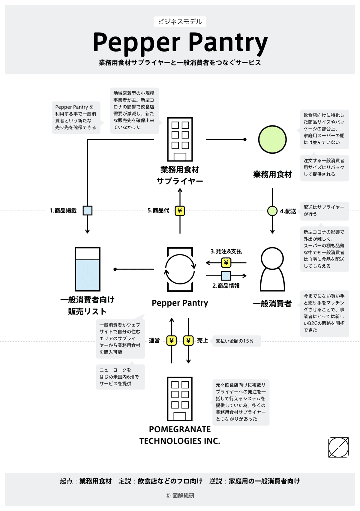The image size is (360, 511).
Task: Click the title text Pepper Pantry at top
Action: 180,42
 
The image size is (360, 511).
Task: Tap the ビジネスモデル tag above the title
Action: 180,22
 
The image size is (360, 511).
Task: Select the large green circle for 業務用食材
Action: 272,140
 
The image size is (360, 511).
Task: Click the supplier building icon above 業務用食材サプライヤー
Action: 180,139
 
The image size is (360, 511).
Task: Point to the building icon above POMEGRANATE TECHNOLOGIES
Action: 180,399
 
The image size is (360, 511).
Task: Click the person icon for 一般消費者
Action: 272,269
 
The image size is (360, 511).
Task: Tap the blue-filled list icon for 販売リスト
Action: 87,269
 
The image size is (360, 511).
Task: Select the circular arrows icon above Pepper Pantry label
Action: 180,269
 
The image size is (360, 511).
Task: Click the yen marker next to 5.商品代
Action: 180,211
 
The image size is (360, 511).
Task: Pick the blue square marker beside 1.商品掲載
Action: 87,211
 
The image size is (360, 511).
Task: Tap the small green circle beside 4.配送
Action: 272,211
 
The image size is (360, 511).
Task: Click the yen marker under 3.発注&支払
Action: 226,263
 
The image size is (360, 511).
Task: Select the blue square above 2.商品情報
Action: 226,275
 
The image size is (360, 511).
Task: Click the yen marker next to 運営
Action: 172,341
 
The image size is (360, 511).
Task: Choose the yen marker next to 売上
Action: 188,341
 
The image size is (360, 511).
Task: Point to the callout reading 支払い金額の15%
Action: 236,341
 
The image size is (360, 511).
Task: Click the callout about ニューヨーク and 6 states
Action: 120,377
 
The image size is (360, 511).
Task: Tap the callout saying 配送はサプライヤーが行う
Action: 324,211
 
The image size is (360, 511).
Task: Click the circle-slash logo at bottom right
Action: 338,447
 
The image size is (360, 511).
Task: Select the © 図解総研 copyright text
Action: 180,495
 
